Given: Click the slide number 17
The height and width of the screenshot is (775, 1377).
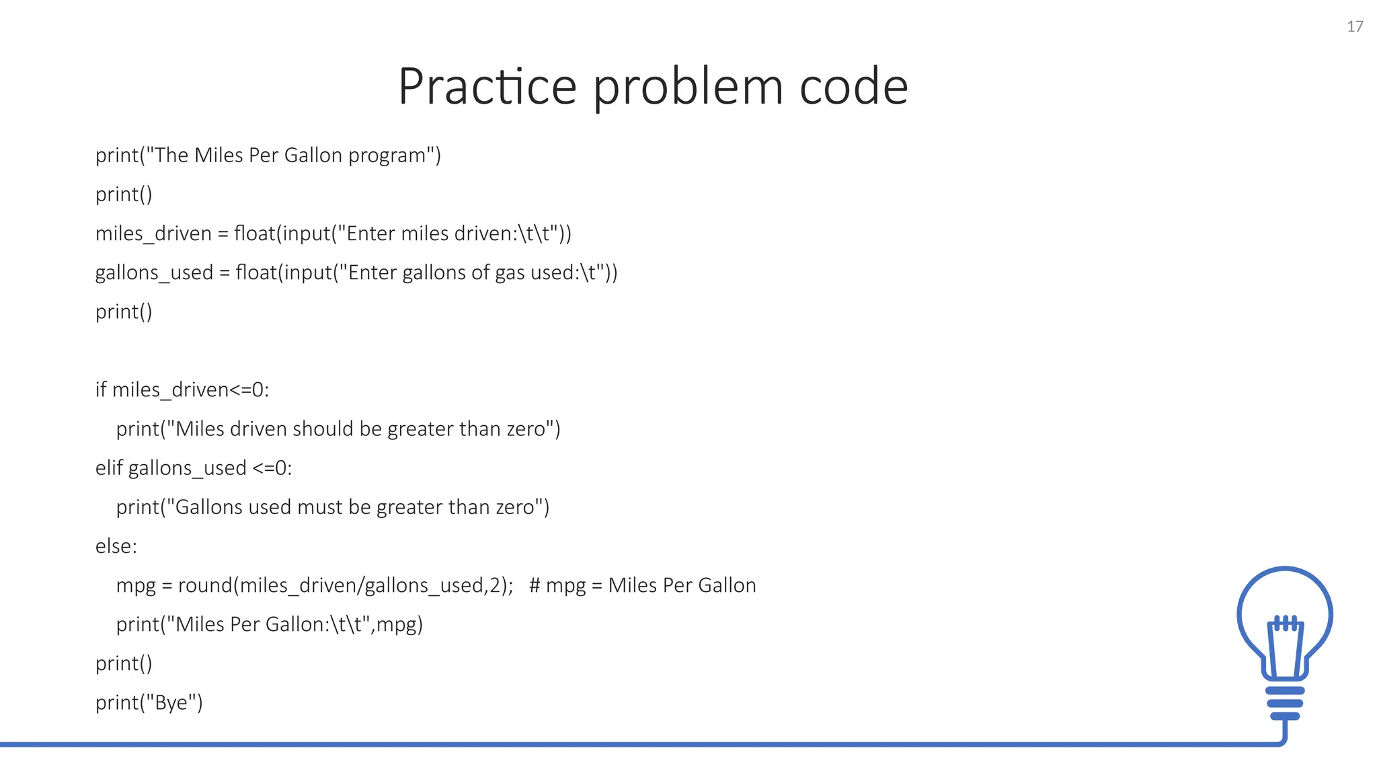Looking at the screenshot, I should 1355,26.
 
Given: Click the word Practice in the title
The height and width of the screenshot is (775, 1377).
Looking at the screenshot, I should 487,86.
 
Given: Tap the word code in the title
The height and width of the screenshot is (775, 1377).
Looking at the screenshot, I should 853,86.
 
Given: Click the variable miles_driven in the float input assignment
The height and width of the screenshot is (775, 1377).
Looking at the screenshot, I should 153,233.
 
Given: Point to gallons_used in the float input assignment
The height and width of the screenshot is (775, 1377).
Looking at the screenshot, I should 154,272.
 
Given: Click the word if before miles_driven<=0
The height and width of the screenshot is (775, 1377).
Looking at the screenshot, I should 101,390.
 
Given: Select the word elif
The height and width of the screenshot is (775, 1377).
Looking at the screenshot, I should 108,468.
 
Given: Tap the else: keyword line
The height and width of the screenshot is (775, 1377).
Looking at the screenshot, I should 116,546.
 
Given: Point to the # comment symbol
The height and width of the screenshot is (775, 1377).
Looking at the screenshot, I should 535,585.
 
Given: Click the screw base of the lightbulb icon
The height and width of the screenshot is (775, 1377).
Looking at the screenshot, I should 1285,703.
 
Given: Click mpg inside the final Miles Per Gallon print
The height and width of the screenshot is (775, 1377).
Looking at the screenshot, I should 396,625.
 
